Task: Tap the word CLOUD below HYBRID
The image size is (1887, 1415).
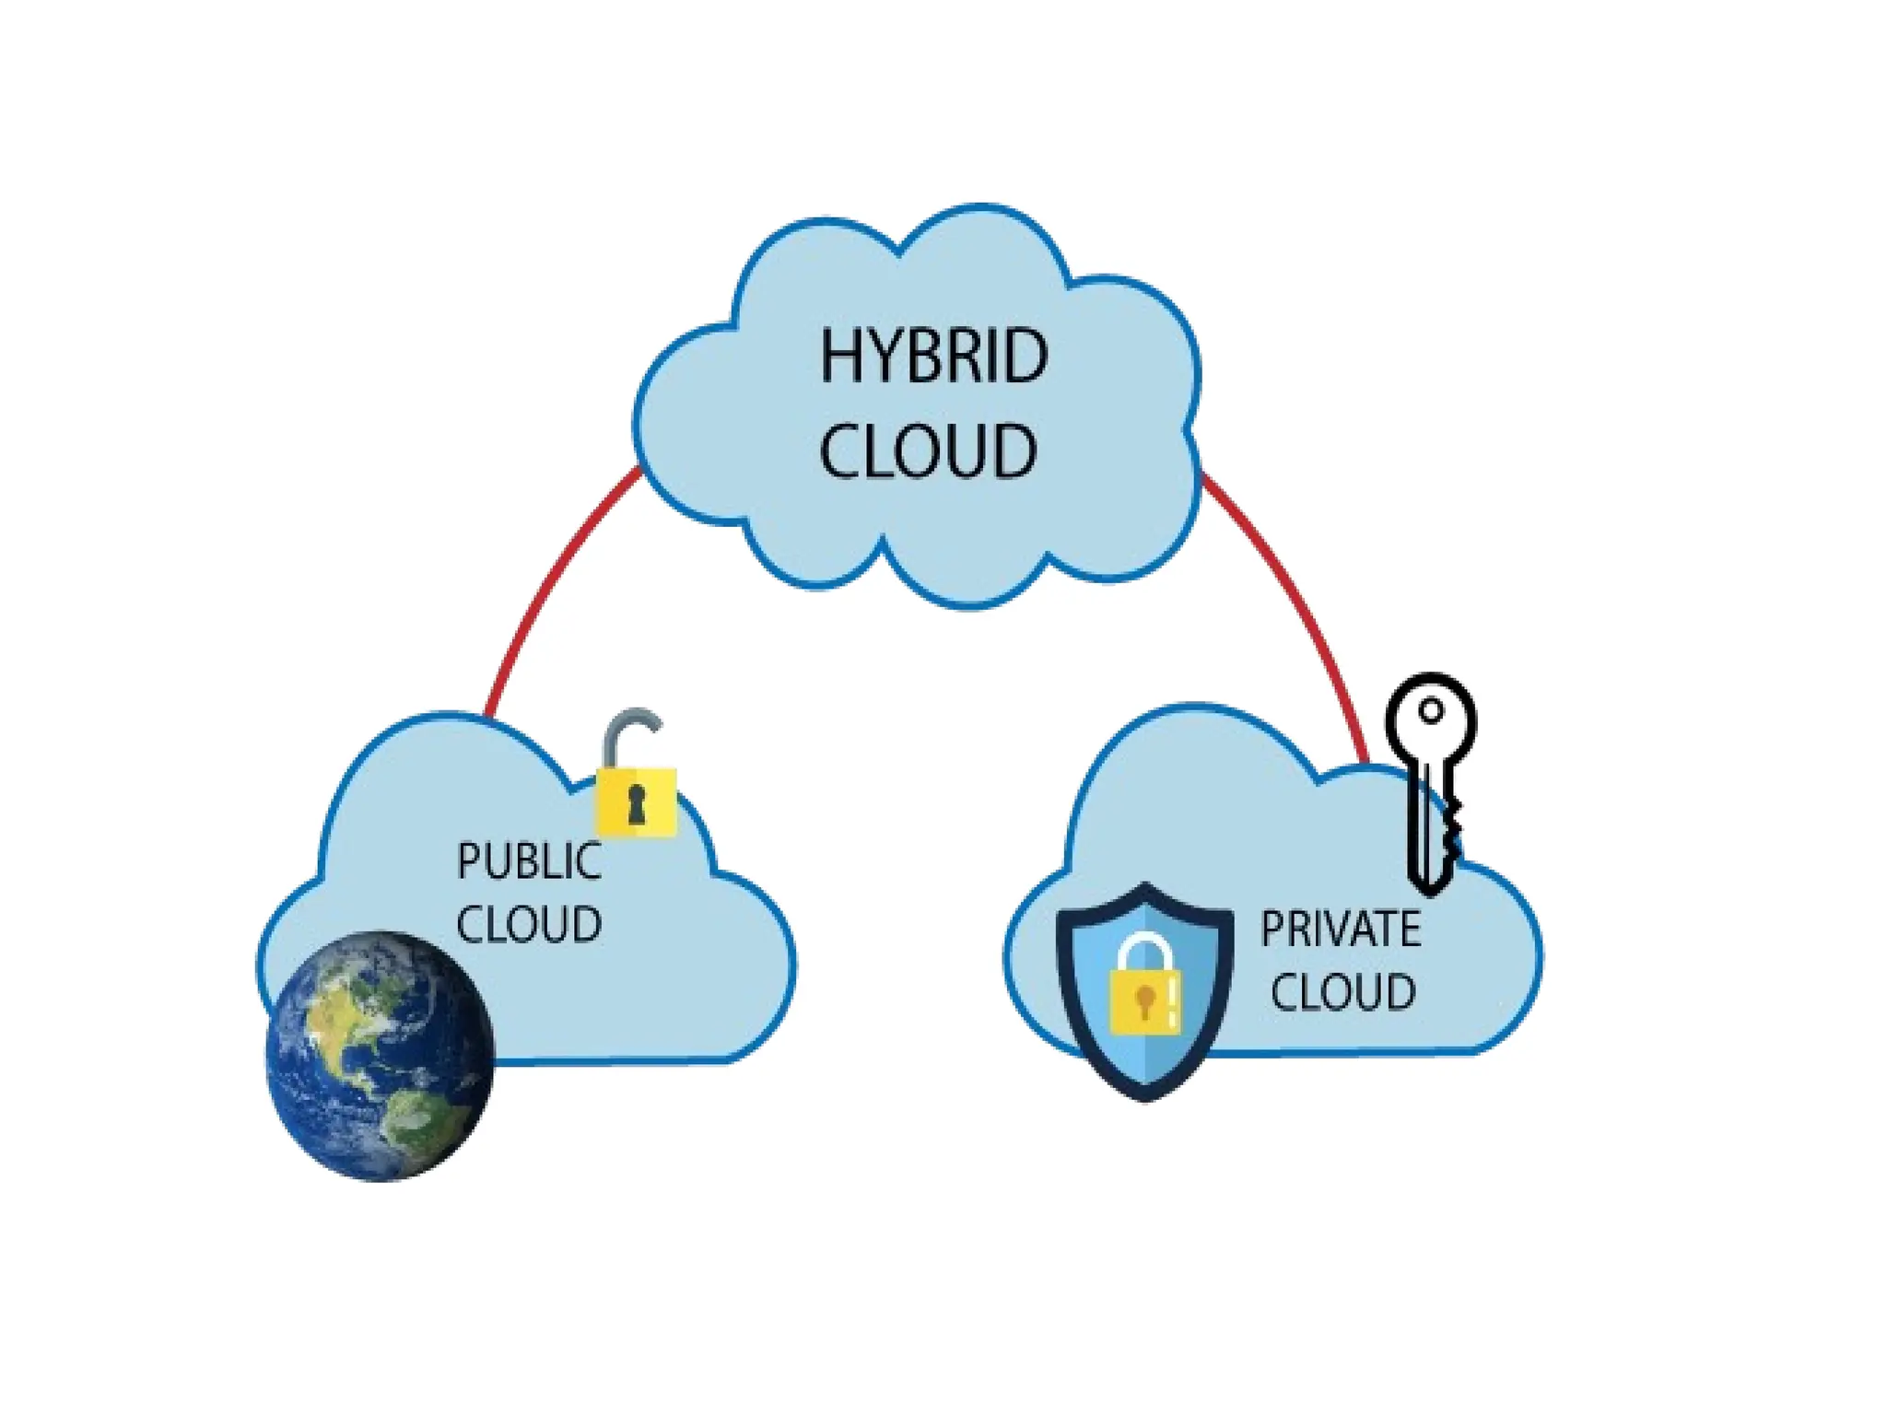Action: [928, 450]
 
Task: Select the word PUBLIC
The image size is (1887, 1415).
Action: [529, 861]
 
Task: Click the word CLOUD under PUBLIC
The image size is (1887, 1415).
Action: [529, 924]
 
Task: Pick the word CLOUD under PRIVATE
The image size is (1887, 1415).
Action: [1342, 992]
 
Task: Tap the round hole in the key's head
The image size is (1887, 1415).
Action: [1431, 711]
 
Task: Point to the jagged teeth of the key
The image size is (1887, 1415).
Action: [1451, 829]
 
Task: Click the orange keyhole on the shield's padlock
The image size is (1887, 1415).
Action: [1144, 1000]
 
